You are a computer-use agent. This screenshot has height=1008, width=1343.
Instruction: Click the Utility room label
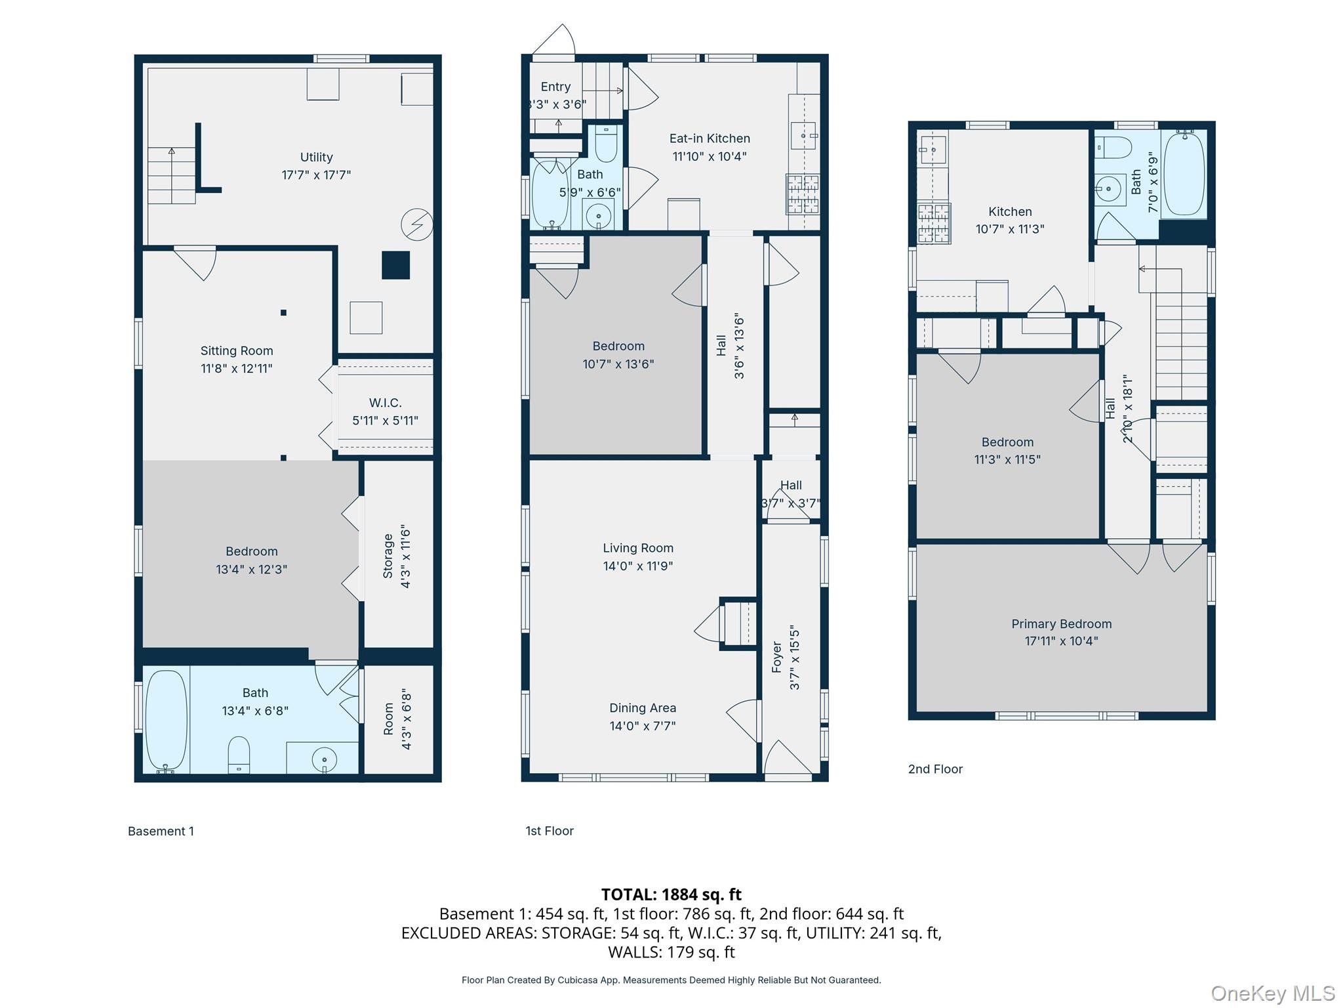point(316,157)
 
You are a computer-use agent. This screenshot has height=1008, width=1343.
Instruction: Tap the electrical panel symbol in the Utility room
point(417,224)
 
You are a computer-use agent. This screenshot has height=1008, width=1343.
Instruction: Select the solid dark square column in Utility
point(396,265)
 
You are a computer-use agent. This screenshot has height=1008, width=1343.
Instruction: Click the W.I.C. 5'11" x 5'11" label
point(385,411)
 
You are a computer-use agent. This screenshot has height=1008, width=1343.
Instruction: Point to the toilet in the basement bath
point(239,755)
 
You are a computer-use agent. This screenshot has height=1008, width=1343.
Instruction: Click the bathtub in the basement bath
point(166,720)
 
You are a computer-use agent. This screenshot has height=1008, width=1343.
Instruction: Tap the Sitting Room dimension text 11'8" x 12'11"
point(236,369)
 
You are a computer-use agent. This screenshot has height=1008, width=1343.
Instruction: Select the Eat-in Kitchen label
point(710,138)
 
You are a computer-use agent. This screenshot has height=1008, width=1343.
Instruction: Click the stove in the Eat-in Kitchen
point(803,194)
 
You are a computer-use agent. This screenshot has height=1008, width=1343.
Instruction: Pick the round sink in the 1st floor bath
point(598,215)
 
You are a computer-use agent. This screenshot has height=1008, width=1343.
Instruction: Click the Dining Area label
point(643,708)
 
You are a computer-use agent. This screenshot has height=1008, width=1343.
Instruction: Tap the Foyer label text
point(778,657)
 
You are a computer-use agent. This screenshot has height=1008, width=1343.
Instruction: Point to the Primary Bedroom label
point(1061,624)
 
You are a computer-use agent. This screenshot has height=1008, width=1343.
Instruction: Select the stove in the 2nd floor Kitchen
point(934,223)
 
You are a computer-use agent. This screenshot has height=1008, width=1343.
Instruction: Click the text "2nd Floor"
point(935,769)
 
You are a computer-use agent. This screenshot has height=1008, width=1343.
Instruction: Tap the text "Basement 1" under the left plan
point(161,831)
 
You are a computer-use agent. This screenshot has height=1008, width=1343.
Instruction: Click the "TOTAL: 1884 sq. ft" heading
point(671,894)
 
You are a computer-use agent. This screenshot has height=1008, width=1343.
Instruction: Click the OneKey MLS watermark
point(1272,993)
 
